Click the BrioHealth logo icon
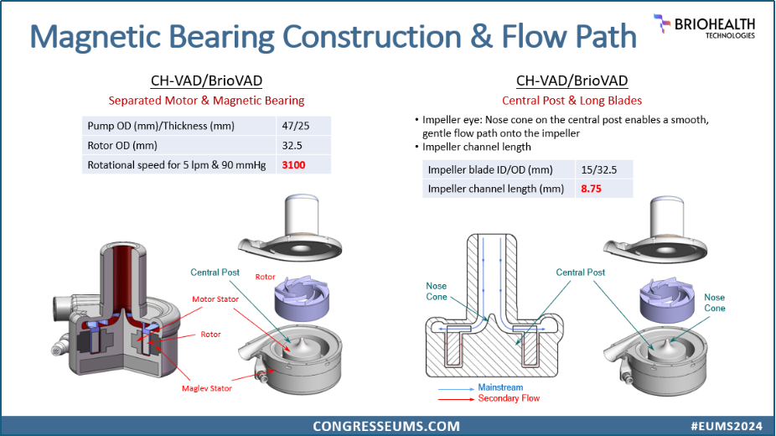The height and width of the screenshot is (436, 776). click(662, 23)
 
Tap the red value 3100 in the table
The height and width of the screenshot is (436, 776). click(293, 165)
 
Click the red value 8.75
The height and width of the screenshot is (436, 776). click(591, 189)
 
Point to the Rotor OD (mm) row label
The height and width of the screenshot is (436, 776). click(122, 146)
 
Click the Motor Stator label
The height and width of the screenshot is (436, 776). click(215, 299)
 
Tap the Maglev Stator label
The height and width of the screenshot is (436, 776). click(207, 388)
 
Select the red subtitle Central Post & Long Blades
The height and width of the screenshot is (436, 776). click(572, 101)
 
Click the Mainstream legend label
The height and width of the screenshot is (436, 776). click(500, 387)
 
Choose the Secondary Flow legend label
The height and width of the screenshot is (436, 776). click(509, 398)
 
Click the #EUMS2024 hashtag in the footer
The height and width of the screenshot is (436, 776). click(727, 426)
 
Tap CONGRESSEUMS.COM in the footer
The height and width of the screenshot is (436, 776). click(386, 426)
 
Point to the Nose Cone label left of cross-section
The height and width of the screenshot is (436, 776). click(437, 292)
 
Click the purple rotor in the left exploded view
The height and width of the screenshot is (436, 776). click(302, 298)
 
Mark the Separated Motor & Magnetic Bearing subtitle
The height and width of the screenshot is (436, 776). click(206, 101)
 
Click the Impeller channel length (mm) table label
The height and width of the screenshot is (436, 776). click(496, 189)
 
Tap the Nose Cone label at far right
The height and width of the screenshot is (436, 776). click(715, 303)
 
